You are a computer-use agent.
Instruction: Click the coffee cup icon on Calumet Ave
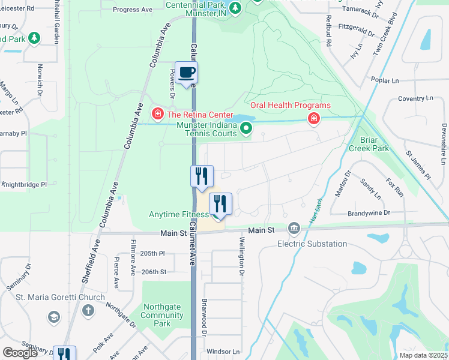pyautogui.click(x=186, y=73)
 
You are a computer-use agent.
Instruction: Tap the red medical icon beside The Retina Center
pyautogui.click(x=158, y=113)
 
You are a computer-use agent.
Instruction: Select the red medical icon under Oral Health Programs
pyautogui.click(x=313, y=119)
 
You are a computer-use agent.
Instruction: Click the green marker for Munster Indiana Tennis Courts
pyautogui.click(x=246, y=128)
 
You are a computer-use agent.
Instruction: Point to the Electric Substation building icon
pyautogui.click(x=294, y=228)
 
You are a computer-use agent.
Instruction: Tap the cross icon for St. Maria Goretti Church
pyautogui.click(x=88, y=310)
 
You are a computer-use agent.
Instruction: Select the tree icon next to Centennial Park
pyautogui.click(x=236, y=7)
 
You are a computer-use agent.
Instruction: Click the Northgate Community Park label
pyautogui.click(x=161, y=315)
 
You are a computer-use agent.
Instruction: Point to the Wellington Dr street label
pyautogui.click(x=242, y=257)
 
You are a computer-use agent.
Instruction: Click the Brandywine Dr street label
pyautogui.click(x=369, y=213)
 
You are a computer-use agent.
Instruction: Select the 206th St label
pyautogui.click(x=154, y=272)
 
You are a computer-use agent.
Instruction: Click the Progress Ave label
pyautogui.click(x=133, y=10)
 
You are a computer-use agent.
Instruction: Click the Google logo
pyautogui.click(x=20, y=353)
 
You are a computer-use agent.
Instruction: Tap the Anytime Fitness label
pyautogui.click(x=178, y=214)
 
